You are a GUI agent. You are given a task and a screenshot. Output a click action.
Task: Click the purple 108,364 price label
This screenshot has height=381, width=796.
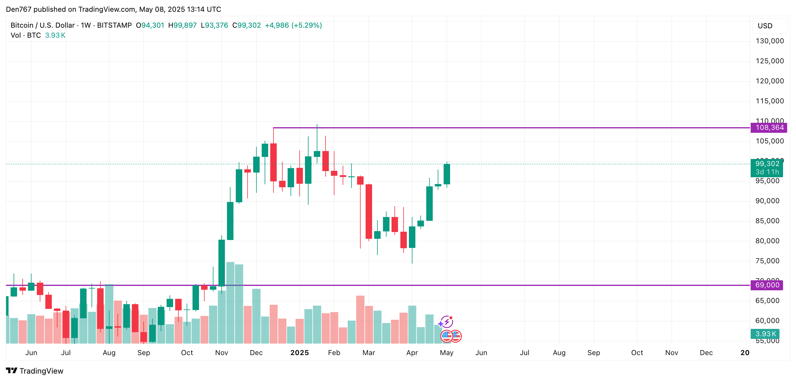(769, 127)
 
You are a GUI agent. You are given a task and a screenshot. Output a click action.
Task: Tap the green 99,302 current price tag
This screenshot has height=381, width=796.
(767, 164)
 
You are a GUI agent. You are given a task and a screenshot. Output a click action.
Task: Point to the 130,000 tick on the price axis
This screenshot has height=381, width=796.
(770, 41)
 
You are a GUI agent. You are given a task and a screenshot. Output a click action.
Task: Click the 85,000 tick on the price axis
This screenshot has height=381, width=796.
(767, 221)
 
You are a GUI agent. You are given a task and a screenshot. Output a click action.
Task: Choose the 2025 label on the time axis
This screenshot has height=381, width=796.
(299, 352)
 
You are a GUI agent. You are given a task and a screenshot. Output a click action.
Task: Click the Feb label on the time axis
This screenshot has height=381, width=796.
(334, 352)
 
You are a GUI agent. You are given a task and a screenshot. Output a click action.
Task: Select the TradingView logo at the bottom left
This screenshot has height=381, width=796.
(35, 371)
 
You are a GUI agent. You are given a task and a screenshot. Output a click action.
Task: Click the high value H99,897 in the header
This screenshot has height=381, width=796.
(182, 25)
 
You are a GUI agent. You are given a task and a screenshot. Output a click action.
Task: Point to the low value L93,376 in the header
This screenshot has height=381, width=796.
(214, 25)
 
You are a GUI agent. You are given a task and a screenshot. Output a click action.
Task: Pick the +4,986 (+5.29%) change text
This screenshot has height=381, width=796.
(293, 25)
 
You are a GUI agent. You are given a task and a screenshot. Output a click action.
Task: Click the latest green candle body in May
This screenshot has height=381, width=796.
(447, 174)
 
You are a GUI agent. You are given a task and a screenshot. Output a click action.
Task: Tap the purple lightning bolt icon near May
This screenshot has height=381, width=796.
(447, 322)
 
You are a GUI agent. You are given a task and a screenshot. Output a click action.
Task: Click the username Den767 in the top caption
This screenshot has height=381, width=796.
(19, 9)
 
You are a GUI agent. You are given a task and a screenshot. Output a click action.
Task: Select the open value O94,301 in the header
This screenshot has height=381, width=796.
(150, 25)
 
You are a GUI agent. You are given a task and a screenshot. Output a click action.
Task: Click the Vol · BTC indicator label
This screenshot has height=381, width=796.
(26, 35)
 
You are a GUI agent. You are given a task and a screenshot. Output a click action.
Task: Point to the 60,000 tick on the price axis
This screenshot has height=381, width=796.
(767, 321)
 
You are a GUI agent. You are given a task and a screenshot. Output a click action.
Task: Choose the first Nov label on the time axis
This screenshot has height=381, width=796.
(222, 352)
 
